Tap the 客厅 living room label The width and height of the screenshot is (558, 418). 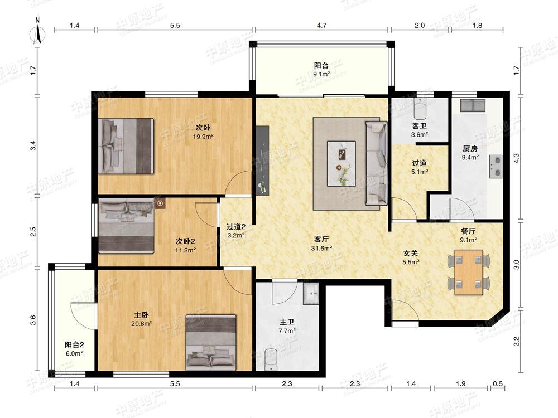[x=321, y=239]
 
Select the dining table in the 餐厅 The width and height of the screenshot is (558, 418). [x=469, y=273]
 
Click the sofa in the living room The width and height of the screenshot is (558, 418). [x=377, y=163]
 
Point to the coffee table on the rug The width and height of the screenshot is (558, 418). [x=341, y=163]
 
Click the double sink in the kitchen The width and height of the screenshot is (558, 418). [x=473, y=105]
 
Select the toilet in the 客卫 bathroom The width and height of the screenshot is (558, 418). [x=420, y=109]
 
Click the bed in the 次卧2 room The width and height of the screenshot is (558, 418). [x=126, y=226]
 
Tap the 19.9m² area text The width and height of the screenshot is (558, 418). [x=203, y=137]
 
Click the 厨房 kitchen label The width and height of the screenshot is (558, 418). [x=470, y=149]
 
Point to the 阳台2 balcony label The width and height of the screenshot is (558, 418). [x=74, y=344]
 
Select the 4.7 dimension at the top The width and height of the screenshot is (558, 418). [x=322, y=25]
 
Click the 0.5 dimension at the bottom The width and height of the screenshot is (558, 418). [x=498, y=383]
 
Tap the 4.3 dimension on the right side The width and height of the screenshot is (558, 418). [x=516, y=158]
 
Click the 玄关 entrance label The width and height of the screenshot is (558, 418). [x=410, y=253]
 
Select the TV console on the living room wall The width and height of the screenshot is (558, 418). [x=262, y=160]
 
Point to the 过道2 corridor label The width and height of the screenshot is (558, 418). [x=236, y=226]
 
